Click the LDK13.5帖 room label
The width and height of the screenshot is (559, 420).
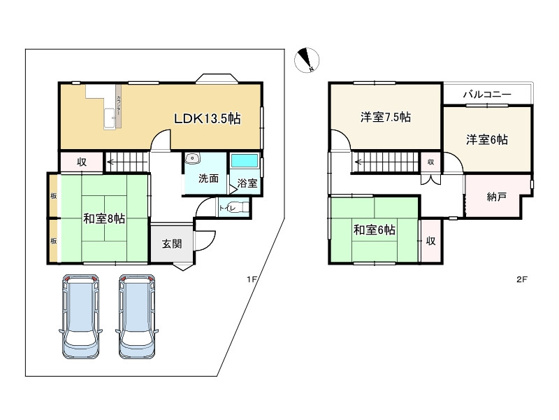[208, 119]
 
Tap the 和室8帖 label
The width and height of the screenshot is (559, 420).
[104, 218]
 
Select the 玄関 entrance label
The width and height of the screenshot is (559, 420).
[172, 244]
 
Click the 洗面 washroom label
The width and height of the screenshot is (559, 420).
[208, 178]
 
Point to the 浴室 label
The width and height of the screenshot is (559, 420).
[247, 183]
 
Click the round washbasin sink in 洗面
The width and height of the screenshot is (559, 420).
[192, 159]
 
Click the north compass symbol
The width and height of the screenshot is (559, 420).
[306, 61]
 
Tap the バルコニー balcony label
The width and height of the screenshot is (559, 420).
[487, 94]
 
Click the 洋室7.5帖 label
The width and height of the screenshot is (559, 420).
[385, 117]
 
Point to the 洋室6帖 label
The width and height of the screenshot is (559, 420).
[487, 139]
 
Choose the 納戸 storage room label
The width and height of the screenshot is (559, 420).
[498, 197]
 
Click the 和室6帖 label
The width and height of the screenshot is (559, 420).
[374, 230]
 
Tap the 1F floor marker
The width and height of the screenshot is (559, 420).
[252, 279]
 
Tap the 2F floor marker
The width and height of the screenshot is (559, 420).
[521, 279]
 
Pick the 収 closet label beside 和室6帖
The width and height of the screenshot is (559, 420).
[431, 241]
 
